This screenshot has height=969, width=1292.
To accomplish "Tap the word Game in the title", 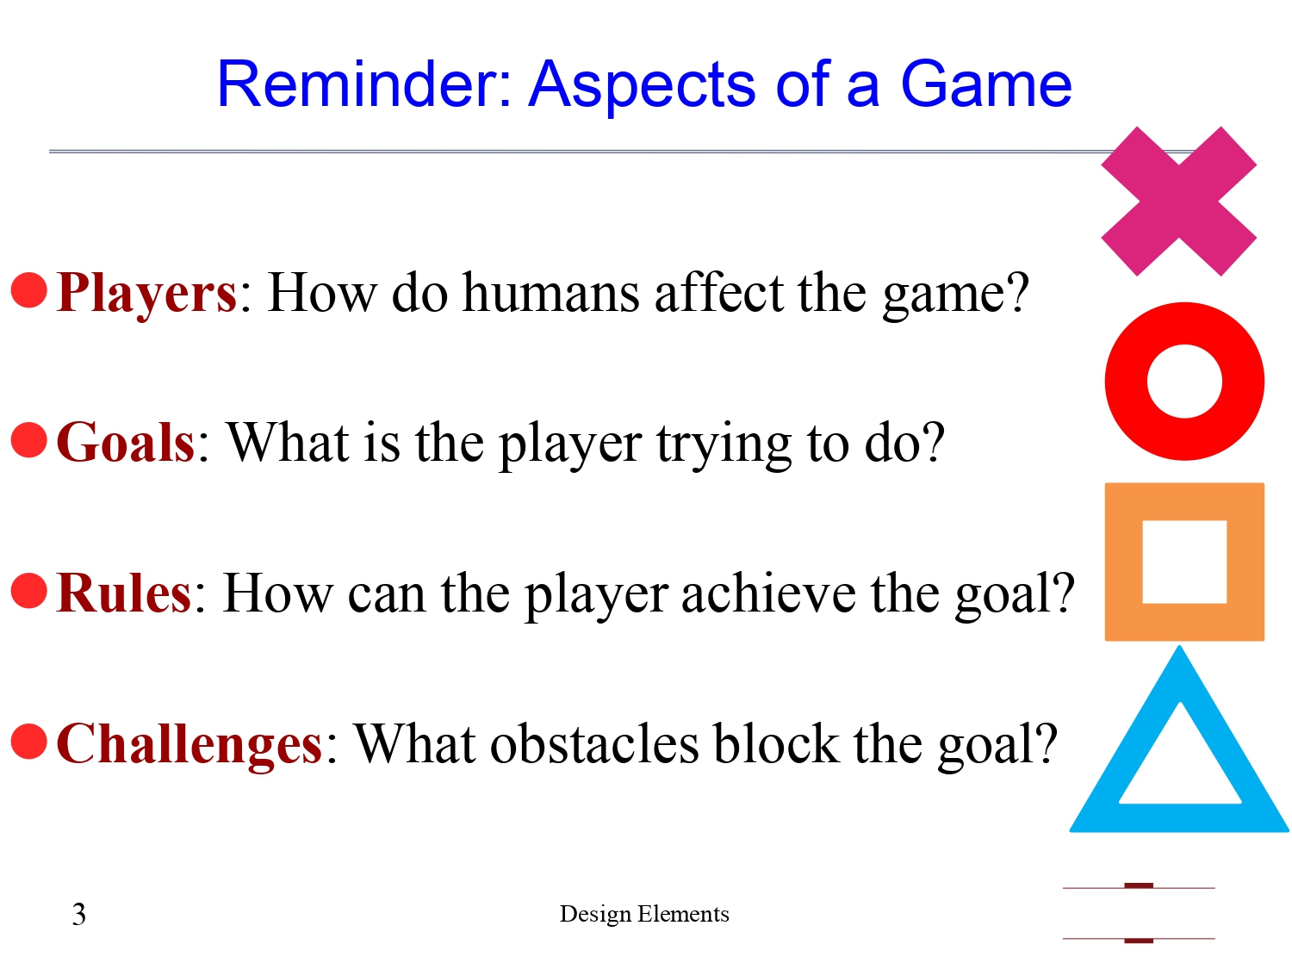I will coord(985,84).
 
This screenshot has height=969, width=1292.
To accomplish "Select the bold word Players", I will coord(146,293).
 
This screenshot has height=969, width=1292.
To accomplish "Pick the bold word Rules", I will coord(124,593).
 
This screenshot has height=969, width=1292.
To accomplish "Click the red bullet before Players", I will coord(28,290).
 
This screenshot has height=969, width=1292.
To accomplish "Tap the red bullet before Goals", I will coord(28,440).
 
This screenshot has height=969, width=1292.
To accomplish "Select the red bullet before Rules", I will coord(28,591).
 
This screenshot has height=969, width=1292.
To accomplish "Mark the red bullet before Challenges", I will coord(28,742).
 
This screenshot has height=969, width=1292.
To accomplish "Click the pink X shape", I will coord(1178,202).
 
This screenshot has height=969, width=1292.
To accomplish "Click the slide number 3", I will coord(79,914).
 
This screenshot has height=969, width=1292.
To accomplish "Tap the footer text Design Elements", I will coord(644,914).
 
